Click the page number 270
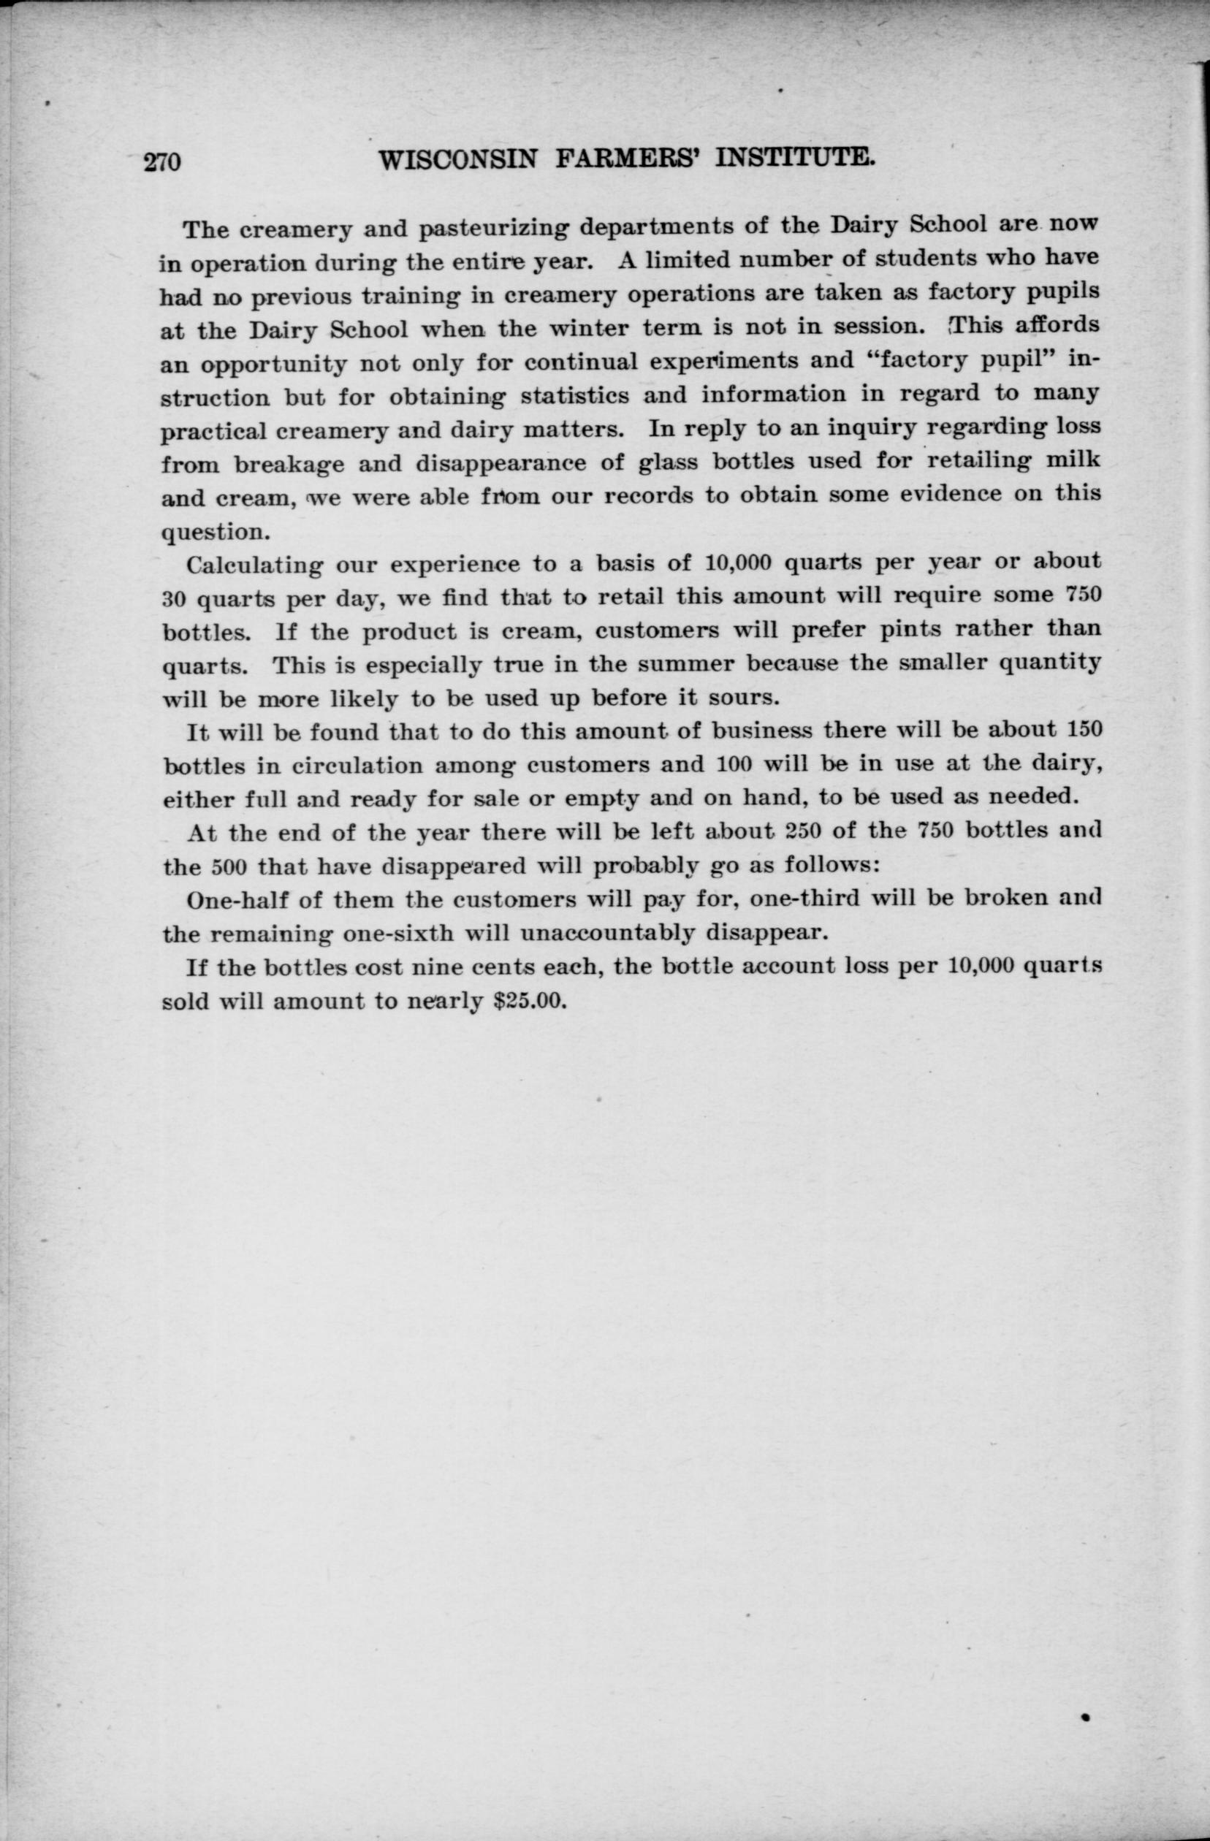tap(161, 161)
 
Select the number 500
tap(229, 866)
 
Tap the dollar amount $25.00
tap(530, 1001)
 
